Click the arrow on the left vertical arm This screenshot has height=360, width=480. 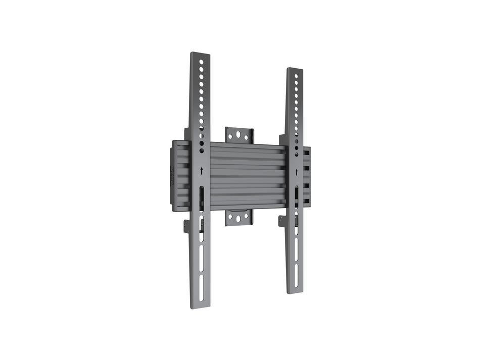(202, 171)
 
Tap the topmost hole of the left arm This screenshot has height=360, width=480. (201, 62)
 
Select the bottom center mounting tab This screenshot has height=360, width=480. (238, 218)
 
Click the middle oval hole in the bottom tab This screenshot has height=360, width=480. (238, 218)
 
